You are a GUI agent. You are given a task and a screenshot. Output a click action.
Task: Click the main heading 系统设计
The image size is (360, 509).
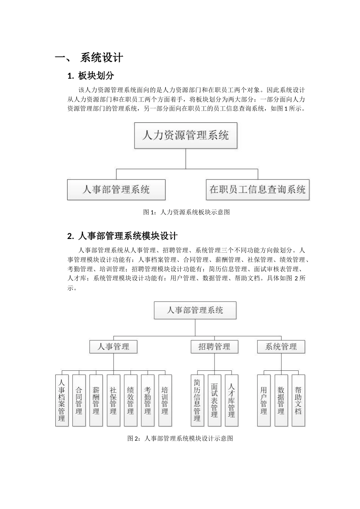102,58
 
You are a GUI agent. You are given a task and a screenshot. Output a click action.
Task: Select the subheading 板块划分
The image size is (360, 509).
96,76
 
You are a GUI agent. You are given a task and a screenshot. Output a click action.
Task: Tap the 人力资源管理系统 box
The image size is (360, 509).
186,135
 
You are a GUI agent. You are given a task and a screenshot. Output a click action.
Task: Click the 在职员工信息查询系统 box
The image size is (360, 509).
258,189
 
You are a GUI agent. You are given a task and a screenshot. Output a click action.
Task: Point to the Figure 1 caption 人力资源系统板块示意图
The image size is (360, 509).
186,212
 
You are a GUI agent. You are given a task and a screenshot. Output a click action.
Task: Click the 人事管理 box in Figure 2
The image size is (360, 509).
113,347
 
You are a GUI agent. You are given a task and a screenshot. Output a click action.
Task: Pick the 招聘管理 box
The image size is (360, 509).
214,347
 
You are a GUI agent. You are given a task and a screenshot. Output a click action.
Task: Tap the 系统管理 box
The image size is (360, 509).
281,347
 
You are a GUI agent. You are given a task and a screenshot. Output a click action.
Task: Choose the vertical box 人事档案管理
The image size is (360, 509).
62,400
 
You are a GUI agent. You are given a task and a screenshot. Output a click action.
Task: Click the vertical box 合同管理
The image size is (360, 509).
79,400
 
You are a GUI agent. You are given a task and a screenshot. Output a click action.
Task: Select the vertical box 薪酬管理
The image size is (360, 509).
96,400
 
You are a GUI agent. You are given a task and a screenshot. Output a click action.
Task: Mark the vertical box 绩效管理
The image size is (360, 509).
130,400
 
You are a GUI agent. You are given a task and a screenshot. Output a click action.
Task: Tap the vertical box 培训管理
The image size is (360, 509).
165,400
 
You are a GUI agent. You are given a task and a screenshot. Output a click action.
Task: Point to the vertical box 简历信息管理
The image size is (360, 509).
197,400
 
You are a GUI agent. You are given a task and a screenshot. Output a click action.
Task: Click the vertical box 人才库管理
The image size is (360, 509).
232,400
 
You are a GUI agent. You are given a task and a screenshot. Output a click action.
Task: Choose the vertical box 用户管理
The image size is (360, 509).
264,400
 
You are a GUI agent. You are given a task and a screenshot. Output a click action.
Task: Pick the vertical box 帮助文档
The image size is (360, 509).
298,400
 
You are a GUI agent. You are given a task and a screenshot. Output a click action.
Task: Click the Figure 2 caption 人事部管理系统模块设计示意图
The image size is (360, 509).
180,438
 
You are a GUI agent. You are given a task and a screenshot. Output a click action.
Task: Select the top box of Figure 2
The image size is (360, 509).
195,311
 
